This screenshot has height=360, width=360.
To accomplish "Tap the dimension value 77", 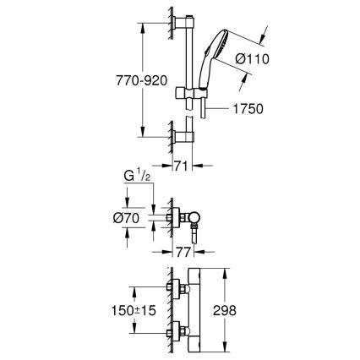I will [183, 251].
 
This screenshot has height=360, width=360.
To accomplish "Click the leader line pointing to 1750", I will [221, 109].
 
